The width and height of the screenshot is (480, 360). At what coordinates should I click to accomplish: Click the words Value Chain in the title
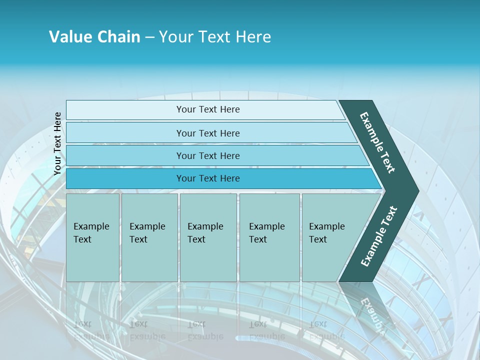coord(94,36)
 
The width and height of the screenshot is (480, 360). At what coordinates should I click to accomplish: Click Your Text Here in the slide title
coord(215,36)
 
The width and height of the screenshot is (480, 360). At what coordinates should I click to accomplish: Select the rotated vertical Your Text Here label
coord(57,143)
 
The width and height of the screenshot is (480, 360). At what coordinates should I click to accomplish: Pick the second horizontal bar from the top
coord(208,133)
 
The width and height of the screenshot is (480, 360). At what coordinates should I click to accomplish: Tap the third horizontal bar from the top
coord(208,155)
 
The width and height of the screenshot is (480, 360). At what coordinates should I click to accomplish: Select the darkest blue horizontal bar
coord(208,178)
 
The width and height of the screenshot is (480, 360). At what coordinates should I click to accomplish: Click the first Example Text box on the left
coord(92,237)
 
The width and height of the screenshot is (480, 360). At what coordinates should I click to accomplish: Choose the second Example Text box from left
coord(149,237)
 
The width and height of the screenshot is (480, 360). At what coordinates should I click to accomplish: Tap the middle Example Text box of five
coord(208,237)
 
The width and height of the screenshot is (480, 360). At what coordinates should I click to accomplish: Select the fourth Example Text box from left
coord(269,237)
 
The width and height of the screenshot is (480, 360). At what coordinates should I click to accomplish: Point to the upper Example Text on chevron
coord(377,142)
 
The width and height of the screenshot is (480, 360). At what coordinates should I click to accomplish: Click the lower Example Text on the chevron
coord(379,236)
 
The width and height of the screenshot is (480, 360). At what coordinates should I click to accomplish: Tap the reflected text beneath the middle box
coord(205,330)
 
